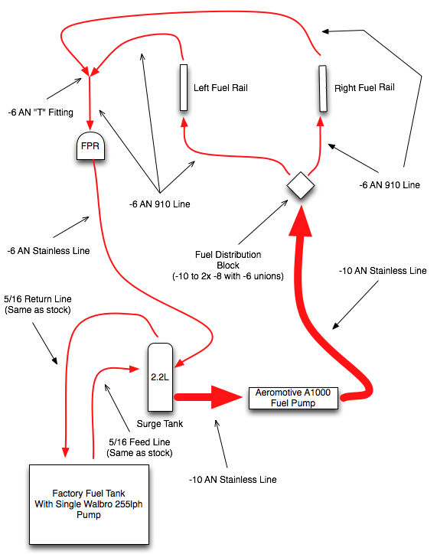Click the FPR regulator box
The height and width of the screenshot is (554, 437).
pyautogui.click(x=90, y=146)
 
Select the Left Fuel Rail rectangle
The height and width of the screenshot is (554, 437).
pyautogui.click(x=184, y=88)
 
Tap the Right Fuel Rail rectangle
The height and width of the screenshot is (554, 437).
pyautogui.click(x=322, y=88)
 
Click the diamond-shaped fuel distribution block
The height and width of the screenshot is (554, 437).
pyautogui.click(x=301, y=185)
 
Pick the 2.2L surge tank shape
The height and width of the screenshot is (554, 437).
pyautogui.click(x=160, y=377)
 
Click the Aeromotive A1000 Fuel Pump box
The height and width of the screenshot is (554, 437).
pyautogui.click(x=293, y=398)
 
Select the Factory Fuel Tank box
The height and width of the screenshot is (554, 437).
pyautogui.click(x=89, y=504)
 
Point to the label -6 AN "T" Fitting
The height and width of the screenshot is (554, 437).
pyautogui.click(x=41, y=112)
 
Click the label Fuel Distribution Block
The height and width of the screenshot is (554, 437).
pyautogui.click(x=228, y=259)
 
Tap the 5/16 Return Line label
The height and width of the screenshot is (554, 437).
pyautogui.click(x=38, y=299)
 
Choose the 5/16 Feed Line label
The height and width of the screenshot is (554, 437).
pyautogui.click(x=139, y=442)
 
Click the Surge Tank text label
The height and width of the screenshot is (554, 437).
pyautogui.click(x=160, y=424)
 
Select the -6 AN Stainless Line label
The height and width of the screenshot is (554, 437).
pyautogui.click(x=48, y=251)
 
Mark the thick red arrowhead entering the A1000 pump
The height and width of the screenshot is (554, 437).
pyautogui.click(x=227, y=397)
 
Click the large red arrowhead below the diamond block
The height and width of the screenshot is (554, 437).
pyautogui.click(x=301, y=221)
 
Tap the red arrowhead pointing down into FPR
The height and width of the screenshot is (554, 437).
pyautogui.click(x=90, y=125)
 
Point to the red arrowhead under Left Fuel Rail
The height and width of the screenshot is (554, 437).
pyautogui.click(x=184, y=122)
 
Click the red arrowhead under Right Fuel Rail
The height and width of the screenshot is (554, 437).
pyautogui.click(x=321, y=122)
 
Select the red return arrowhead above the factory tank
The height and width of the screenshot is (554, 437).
pyautogui.click(x=65, y=452)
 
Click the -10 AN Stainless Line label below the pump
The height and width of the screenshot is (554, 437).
pyautogui.click(x=233, y=480)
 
